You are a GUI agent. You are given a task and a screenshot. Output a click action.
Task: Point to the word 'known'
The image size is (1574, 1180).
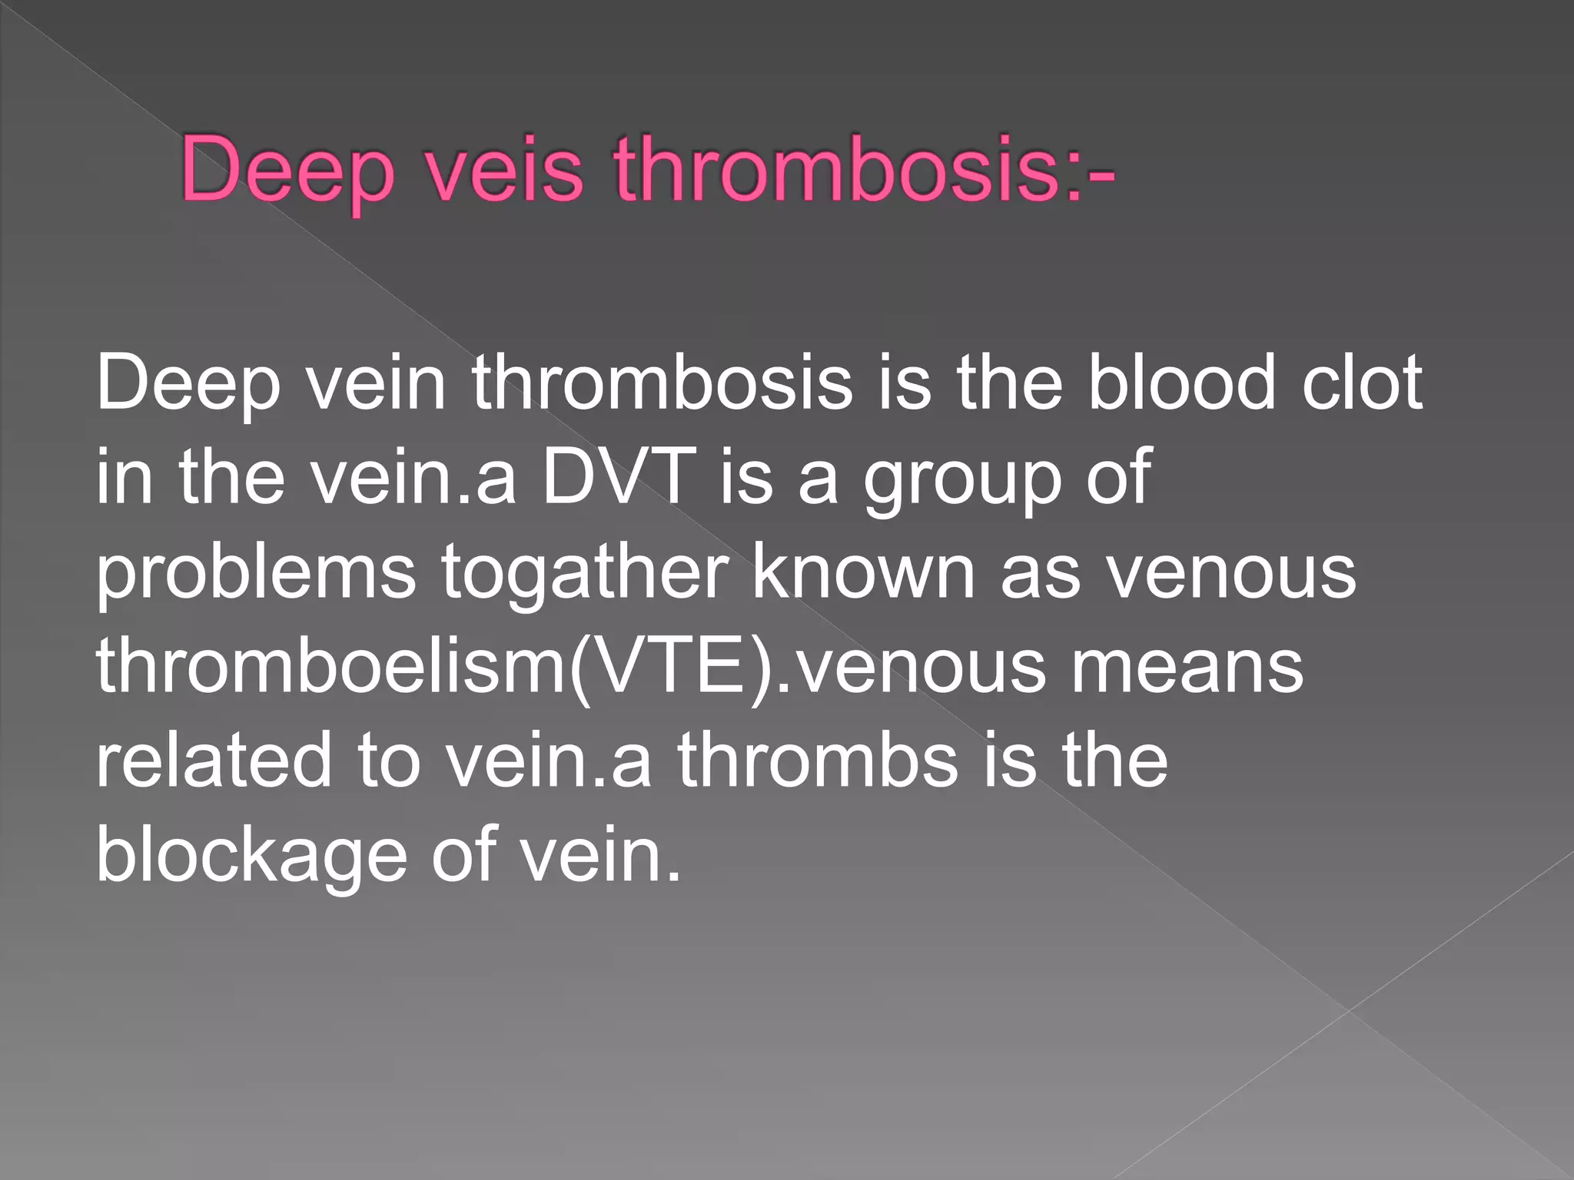coord(864,572)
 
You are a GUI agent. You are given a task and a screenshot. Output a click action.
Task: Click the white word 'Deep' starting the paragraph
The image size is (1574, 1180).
coord(188,384)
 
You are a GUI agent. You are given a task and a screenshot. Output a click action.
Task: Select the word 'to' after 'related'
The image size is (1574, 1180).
coord(389,761)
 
